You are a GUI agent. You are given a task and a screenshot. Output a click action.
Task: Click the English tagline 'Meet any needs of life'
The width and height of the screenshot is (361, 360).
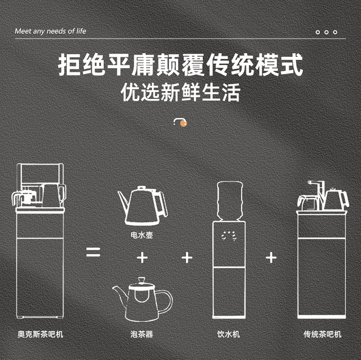50,31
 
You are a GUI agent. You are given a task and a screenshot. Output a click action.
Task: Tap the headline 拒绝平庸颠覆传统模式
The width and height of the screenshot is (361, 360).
180,64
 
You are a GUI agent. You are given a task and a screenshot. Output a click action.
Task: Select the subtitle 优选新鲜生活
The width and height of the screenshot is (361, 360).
180,92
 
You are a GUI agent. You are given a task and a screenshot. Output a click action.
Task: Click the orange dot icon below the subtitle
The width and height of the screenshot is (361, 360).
183,123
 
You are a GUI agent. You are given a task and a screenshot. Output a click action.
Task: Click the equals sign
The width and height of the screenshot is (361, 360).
93,252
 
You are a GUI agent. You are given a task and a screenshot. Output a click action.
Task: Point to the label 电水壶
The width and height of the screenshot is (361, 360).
142,235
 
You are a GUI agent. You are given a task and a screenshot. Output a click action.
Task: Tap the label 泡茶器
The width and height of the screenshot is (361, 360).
142,334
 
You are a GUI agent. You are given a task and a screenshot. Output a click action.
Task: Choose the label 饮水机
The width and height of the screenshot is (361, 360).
228,334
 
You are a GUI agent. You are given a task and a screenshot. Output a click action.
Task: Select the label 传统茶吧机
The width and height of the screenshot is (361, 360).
322,334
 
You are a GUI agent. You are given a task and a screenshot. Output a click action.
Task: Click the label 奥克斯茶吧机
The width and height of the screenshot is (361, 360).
40,334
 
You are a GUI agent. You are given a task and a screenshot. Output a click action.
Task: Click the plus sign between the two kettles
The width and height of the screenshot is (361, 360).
142,257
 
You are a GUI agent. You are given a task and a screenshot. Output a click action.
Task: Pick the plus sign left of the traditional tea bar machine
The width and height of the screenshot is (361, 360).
271,257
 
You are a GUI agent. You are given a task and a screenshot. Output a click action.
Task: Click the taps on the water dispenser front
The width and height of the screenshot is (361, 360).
229,236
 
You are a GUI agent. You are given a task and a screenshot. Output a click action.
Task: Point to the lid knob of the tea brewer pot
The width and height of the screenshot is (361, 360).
142,281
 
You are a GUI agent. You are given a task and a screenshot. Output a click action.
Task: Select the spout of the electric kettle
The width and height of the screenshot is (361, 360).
123,200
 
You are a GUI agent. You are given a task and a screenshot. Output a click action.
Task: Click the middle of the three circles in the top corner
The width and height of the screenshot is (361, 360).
326,32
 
